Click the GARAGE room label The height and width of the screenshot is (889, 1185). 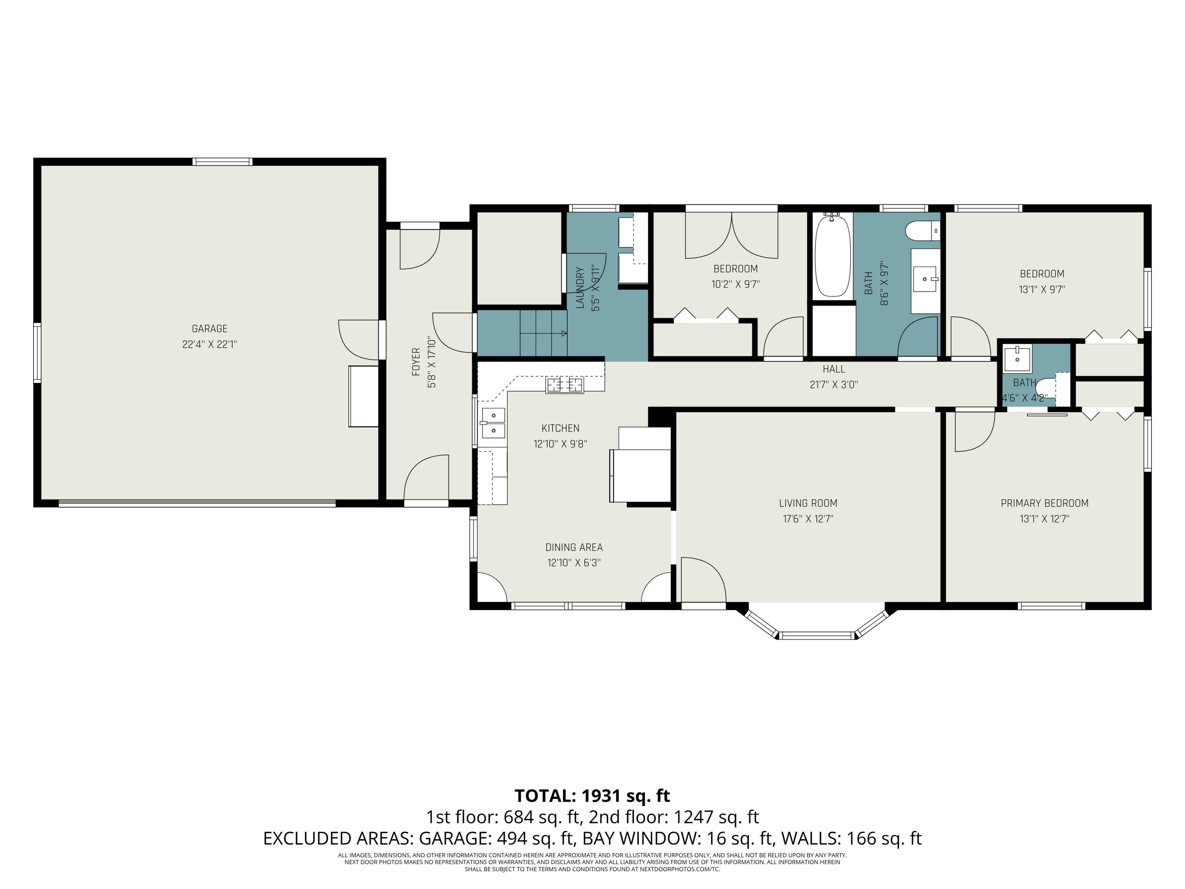point(209,328)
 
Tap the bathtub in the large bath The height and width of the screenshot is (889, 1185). point(833,255)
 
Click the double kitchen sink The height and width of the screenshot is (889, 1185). point(493,423)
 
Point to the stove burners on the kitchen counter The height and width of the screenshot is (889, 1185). point(564,385)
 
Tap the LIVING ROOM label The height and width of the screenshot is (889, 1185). point(808,503)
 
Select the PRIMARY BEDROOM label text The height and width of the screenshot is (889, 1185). point(1045,503)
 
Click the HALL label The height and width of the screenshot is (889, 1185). point(833,369)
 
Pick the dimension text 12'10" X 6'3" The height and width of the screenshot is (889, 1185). point(574,563)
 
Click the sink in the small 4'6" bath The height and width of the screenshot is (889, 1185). point(1017,359)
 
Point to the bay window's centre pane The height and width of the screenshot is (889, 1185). point(817,635)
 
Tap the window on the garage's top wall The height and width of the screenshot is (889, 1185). point(222,161)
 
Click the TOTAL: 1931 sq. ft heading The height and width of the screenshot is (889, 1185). point(592,796)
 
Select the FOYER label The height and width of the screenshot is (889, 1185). point(416,362)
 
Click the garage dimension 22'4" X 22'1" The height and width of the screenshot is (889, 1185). point(209,344)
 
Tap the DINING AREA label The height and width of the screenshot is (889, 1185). point(574,547)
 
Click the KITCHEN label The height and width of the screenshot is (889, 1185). point(561,428)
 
